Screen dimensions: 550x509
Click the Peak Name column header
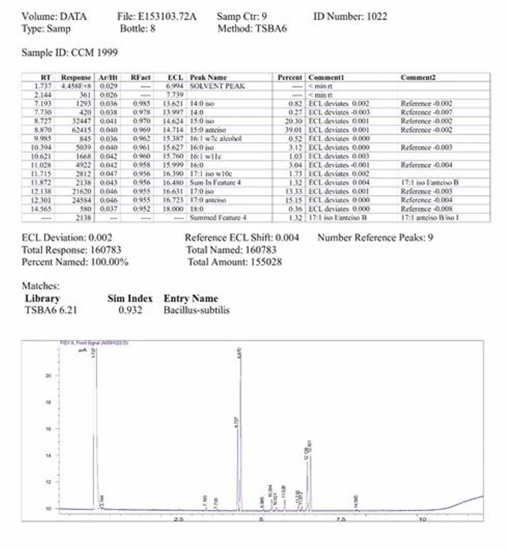[207, 77]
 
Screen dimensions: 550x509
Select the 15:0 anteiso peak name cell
[207, 128]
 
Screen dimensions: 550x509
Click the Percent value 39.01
[295, 128]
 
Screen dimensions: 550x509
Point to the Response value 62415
[79, 128]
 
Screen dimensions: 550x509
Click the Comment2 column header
[418, 77]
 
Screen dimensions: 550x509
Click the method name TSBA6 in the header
[277, 28]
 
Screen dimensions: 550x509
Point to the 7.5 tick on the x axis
[341, 518]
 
